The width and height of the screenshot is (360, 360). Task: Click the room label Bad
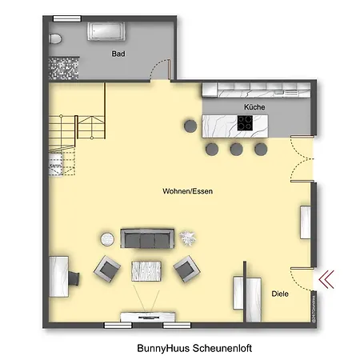coord(118,54)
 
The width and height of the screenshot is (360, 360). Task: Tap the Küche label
coord(254,106)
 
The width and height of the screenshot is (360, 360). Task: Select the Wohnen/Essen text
coord(187,192)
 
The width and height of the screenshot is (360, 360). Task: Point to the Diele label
coord(279,294)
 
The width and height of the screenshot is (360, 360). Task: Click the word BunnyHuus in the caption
coord(162,349)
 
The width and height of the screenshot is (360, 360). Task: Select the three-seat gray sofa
coord(147,238)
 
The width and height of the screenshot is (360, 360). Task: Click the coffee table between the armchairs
coord(146,271)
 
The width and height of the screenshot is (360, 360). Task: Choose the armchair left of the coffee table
coord(107,269)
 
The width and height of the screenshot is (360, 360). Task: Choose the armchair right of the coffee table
coord(186,269)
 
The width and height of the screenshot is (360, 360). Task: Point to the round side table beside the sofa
coord(106,237)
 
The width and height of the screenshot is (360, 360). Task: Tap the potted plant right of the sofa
coord(190,237)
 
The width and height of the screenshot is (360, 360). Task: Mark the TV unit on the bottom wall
coord(144,318)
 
